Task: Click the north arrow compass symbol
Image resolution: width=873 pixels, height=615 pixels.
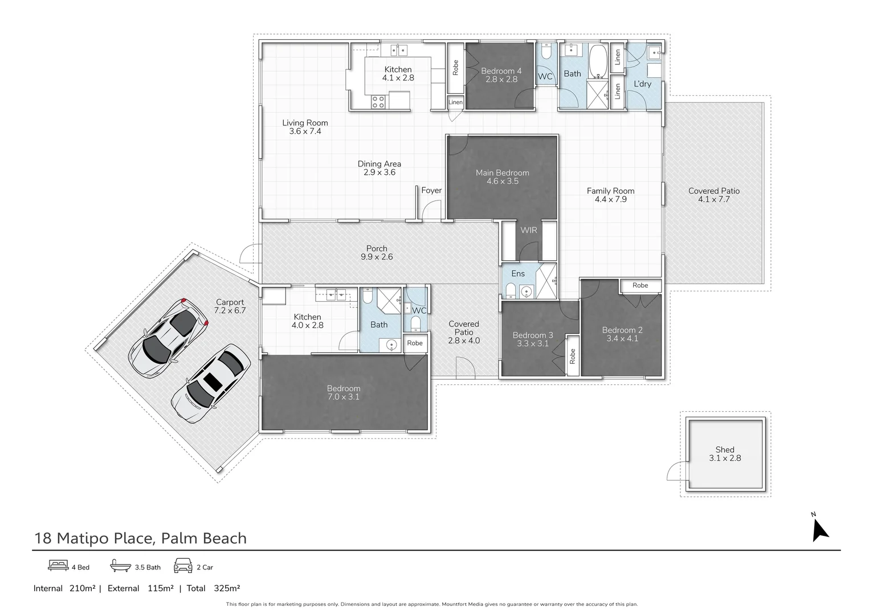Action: pos(819,530)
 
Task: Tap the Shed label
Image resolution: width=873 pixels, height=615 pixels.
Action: pos(725,449)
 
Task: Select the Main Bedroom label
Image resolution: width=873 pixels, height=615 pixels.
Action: pos(502,173)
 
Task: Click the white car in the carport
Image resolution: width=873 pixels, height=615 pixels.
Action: pos(210,384)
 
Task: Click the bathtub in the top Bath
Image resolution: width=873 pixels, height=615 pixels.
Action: pos(598,61)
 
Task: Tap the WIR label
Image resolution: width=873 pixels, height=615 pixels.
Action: pos(529,230)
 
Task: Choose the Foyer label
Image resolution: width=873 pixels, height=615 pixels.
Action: pos(431,190)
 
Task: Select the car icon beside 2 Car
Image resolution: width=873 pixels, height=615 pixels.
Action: pos(183,566)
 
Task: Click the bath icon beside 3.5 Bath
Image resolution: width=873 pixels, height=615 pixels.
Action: pos(120,567)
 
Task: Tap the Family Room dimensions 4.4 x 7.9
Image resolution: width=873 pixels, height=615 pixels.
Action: pos(610,199)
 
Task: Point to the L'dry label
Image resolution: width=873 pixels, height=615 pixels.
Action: pos(642,84)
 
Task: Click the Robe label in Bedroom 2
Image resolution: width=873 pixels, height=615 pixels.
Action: pos(640,285)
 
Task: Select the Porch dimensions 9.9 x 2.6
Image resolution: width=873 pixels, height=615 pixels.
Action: pos(377,257)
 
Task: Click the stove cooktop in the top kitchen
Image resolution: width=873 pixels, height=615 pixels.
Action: pos(378,102)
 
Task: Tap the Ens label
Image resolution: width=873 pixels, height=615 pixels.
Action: pos(518,273)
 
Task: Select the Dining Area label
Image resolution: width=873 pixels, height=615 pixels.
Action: pos(380,163)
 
